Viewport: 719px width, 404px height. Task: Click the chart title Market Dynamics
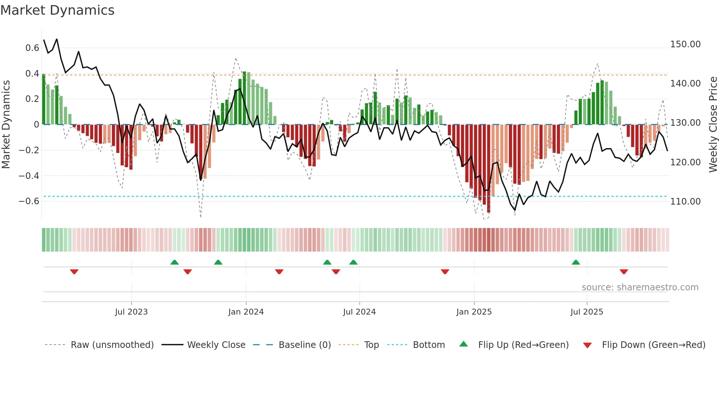pyautogui.click(x=57, y=10)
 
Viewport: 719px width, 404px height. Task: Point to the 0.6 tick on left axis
pyautogui.click(x=32, y=48)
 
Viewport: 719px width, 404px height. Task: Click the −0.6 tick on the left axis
pyautogui.click(x=29, y=201)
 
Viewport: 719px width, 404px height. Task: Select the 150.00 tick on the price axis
pyautogui.click(x=685, y=44)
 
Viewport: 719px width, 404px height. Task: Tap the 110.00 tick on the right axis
pyautogui.click(x=685, y=201)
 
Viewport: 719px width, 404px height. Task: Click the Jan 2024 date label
pyautogui.click(x=246, y=312)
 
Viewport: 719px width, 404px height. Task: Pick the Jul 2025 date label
pyautogui.click(x=587, y=312)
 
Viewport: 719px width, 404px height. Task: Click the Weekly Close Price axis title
pyautogui.click(x=713, y=124)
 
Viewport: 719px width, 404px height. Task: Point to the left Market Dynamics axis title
pyautogui.click(x=6, y=124)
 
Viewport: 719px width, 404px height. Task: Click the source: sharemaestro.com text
pyautogui.click(x=640, y=287)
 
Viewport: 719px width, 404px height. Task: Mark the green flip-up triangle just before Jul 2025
pyautogui.click(x=576, y=262)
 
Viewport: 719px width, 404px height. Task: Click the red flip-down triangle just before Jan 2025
pyautogui.click(x=445, y=272)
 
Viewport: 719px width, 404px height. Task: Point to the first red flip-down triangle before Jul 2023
pyautogui.click(x=74, y=272)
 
